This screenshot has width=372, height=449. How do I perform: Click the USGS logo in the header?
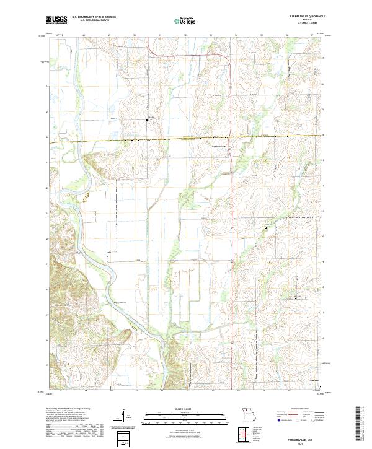58,20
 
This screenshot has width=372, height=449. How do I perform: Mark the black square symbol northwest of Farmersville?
147,119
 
